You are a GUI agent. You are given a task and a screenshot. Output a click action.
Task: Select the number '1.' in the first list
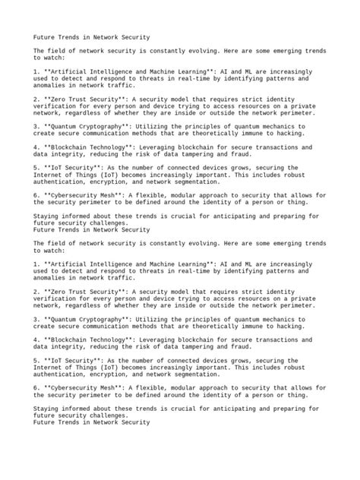point(36,71)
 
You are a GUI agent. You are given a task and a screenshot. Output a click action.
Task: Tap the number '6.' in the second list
point(36,387)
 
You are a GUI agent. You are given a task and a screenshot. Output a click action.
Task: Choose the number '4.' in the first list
point(36,147)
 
